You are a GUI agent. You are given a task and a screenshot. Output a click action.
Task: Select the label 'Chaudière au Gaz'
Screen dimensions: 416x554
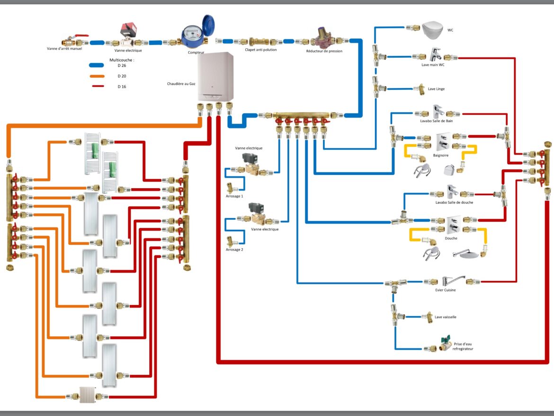pyautogui.click(x=181, y=83)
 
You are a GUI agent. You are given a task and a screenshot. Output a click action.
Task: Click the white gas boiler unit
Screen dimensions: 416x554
pyautogui.click(x=215, y=76)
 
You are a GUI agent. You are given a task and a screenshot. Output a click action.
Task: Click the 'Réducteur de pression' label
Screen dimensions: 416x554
pyautogui.click(x=324, y=51)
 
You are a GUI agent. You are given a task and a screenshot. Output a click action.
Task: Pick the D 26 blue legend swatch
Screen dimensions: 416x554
pyautogui.click(x=96, y=66)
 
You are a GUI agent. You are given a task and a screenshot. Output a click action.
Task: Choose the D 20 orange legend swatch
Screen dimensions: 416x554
pyautogui.click(x=96, y=76)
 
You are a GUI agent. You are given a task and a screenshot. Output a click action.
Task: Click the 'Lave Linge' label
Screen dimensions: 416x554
pyautogui.click(x=436, y=89)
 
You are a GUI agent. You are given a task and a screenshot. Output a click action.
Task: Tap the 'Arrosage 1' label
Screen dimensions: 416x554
pyautogui.click(x=234, y=196)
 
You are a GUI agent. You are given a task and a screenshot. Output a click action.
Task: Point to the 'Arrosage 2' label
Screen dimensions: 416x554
pyautogui.click(x=234, y=249)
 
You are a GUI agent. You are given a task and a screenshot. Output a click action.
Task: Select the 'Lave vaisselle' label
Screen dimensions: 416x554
pyautogui.click(x=445, y=317)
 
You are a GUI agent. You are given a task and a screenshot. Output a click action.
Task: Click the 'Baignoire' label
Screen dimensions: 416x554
pyautogui.click(x=440, y=155)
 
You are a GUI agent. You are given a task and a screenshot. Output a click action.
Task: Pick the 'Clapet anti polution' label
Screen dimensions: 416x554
pyautogui.click(x=261, y=50)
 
